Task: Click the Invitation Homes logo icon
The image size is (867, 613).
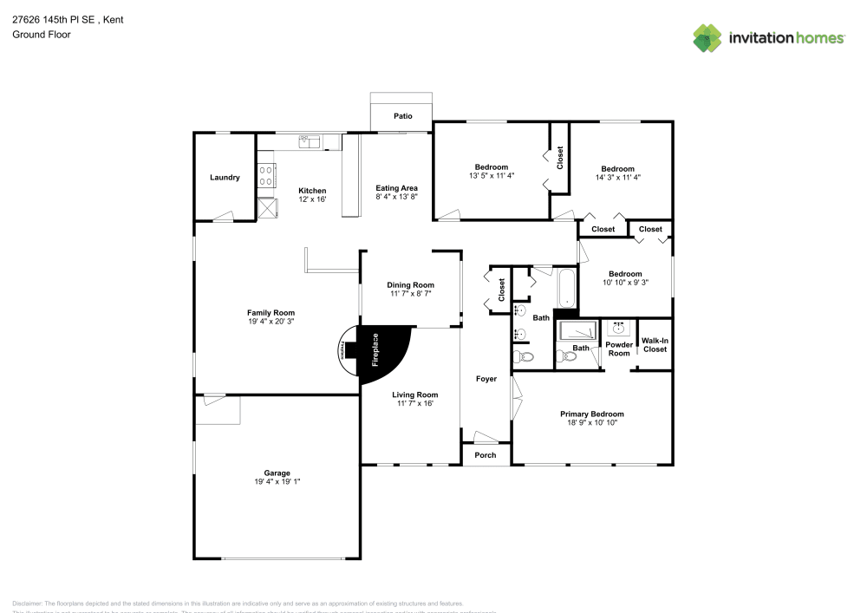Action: coord(707,37)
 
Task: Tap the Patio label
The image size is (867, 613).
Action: coord(402,115)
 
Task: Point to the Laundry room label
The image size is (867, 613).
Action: coord(225,178)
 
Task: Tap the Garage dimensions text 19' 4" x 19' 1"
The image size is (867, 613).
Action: coord(277,481)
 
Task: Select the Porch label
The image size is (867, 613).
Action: coord(486,455)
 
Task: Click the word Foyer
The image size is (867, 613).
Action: coord(486,379)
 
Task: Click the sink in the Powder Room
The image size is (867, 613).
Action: coord(619,329)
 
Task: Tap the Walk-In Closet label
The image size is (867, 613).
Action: coord(655,345)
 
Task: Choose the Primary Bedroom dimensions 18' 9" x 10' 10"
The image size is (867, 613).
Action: coord(591,423)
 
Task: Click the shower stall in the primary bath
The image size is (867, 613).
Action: coord(577,330)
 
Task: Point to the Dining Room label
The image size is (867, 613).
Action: coord(410,285)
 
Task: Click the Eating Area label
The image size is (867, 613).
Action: coord(396,188)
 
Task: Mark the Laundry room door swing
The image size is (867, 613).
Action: coord(224,216)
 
